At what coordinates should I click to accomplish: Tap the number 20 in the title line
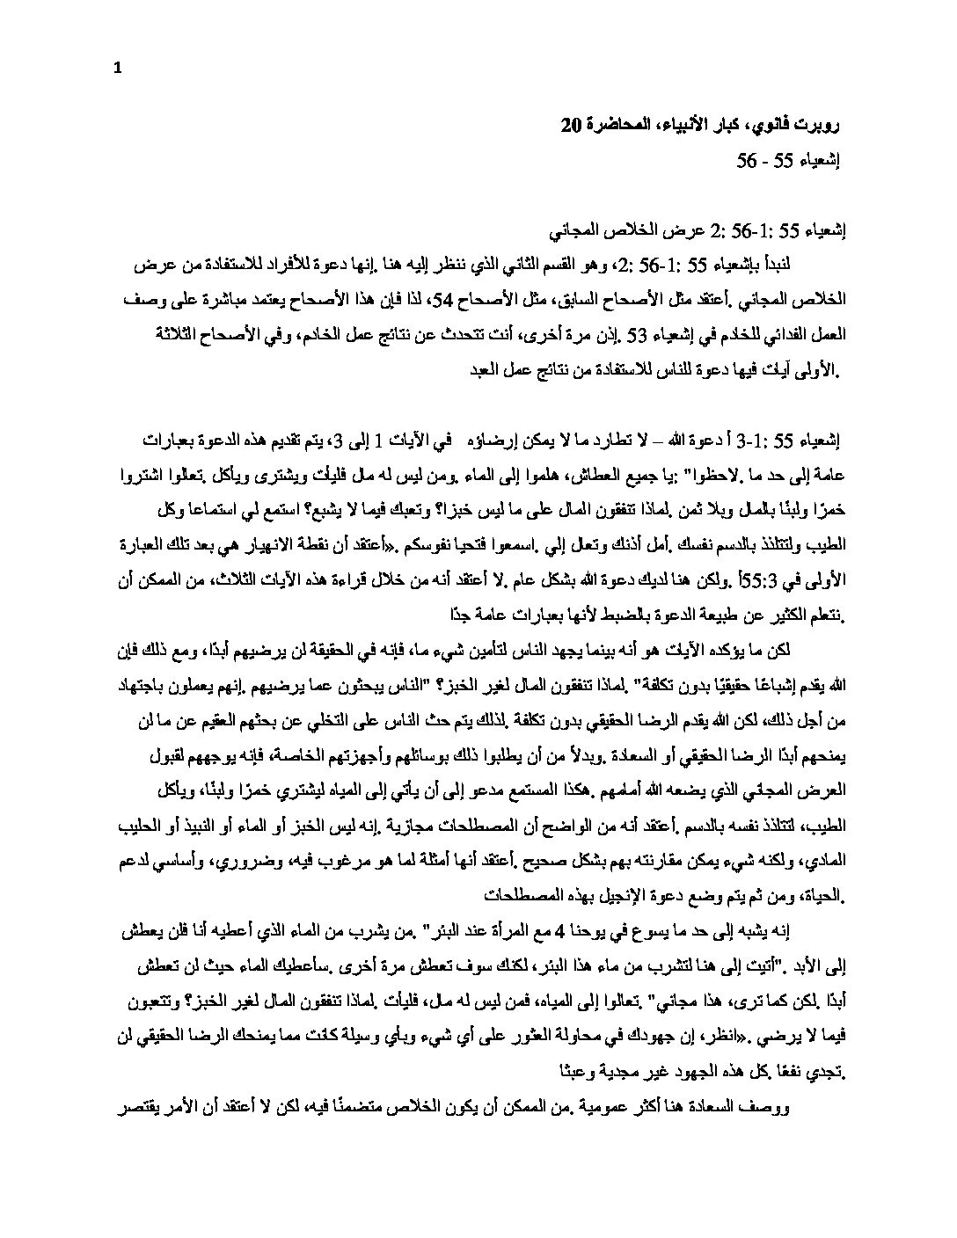(x=571, y=125)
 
